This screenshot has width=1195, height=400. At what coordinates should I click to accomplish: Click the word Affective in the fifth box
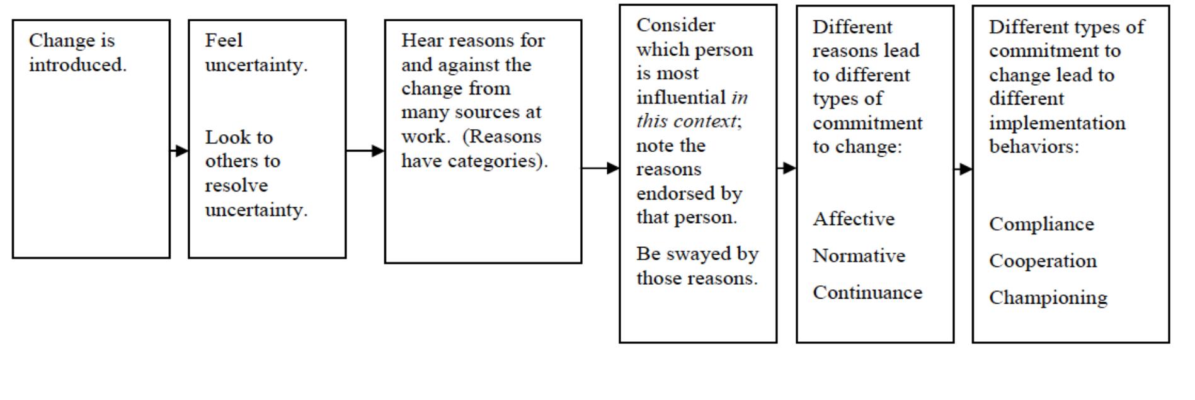pos(853,219)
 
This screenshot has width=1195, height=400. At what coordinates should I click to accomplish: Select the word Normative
pos(859,256)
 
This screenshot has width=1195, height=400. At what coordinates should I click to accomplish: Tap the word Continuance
pos(867,293)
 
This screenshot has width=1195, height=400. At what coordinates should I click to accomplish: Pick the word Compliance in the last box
pos(1041,224)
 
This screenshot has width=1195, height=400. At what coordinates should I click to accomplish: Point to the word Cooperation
pos(1043,261)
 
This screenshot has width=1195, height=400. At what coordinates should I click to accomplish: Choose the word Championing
pos(1048,298)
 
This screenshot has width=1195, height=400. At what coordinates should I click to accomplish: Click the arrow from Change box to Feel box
pos(179,151)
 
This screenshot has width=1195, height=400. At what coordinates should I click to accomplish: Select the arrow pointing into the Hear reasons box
pos(365,151)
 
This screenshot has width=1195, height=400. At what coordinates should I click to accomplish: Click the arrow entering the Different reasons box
pos(787,168)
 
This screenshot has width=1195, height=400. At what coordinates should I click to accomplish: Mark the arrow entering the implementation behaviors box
pos(963,169)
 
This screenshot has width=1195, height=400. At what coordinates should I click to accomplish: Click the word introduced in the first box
pos(77,65)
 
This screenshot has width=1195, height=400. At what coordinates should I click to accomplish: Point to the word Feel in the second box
pos(224,40)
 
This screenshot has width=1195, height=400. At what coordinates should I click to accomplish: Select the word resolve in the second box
pos(236,186)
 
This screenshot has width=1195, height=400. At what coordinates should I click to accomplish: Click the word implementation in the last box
pos(1057,123)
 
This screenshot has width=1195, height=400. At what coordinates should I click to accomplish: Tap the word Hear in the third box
pos(418,40)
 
